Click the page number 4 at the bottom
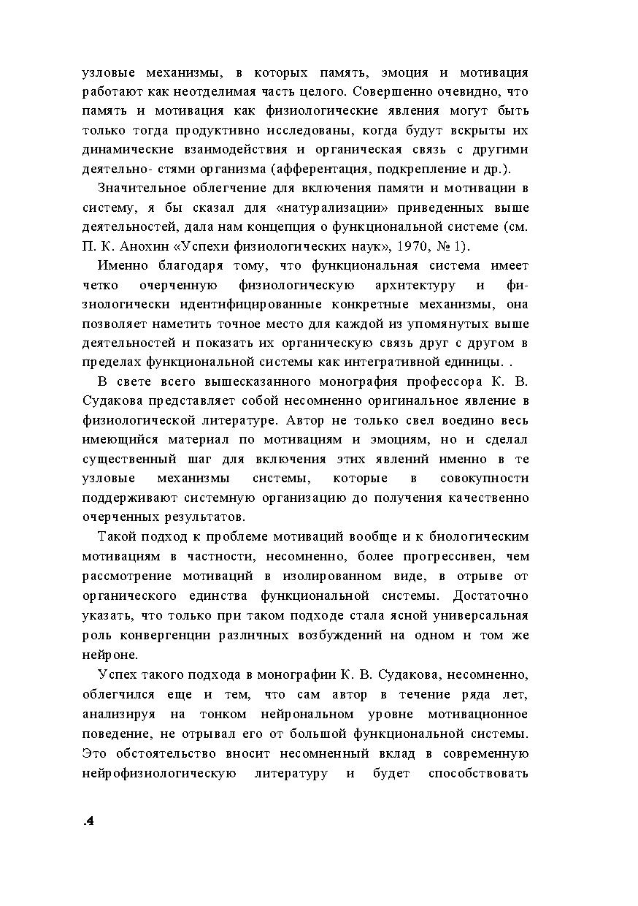tap(89, 821)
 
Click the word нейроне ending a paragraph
tap(110, 655)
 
